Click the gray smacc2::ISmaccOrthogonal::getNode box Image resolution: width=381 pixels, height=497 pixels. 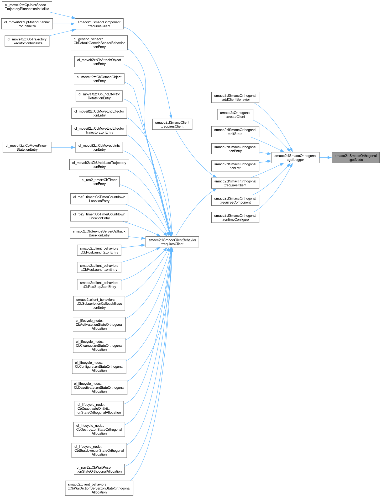[x=355, y=158]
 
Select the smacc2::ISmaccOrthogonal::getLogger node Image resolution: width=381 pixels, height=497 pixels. [x=295, y=158]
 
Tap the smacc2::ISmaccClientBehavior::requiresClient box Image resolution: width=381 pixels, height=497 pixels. [x=172, y=242]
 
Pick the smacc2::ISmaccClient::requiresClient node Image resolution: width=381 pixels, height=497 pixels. [x=172, y=124]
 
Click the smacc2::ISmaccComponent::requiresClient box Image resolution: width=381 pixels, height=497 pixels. [x=99, y=24]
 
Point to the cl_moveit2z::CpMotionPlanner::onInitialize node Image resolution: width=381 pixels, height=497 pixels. [x=27, y=24]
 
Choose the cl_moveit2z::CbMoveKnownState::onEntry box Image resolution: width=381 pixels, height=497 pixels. [x=27, y=147]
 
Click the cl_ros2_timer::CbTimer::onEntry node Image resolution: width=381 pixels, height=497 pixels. [x=99, y=182]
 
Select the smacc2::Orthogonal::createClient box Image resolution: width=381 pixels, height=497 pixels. [x=235, y=115]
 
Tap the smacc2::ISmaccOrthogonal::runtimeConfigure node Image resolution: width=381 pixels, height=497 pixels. [x=235, y=218]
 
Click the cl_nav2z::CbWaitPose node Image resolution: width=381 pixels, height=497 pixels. [x=99, y=469]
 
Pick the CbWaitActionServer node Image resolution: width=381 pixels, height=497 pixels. [x=99, y=488]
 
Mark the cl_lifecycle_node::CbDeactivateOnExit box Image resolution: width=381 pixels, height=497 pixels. [x=99, y=409]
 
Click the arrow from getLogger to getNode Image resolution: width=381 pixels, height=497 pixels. [x=326, y=158]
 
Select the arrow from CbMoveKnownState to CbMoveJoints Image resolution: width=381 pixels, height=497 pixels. [x=63, y=147]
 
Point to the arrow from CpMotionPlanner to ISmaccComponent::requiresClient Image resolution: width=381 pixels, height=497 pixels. [x=64, y=24]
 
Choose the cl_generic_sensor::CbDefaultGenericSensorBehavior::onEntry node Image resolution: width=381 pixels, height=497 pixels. [x=99, y=43]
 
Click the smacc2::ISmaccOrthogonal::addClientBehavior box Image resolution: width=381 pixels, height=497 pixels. [x=235, y=98]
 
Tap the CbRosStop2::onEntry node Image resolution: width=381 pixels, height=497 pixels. [x=99, y=285]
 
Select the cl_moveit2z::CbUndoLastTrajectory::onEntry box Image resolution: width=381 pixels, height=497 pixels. [x=99, y=165]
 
